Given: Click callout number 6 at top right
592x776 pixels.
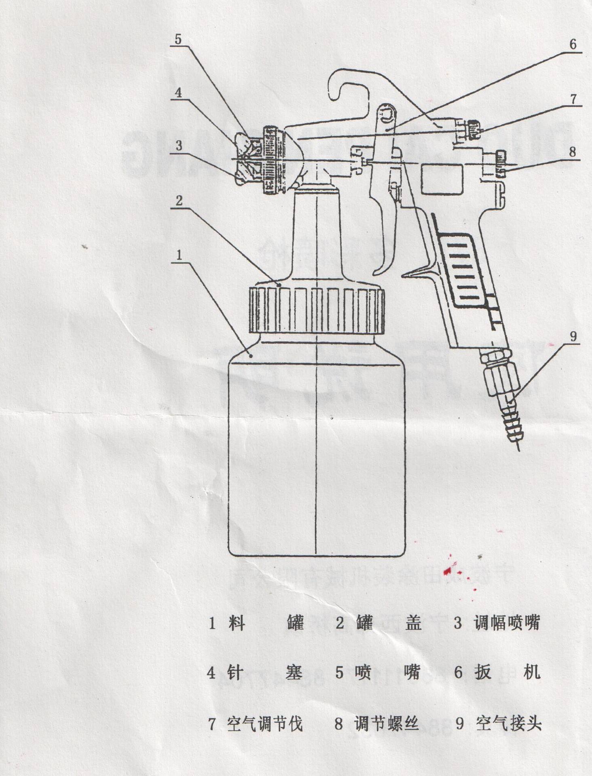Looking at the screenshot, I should pos(573,44).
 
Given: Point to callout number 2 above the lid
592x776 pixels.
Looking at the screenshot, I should pos(179,200).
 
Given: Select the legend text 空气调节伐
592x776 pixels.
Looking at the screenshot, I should pos(265,724).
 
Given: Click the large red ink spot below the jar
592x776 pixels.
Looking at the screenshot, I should pos(448,571).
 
